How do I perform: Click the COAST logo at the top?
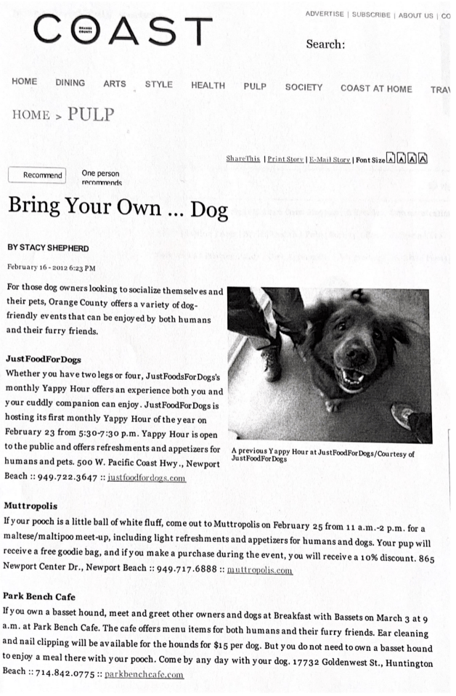[122, 31]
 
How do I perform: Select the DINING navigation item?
[70, 83]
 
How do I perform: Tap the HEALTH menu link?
[208, 86]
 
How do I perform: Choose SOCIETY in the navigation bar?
[304, 87]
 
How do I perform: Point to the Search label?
[325, 45]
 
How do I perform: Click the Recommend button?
[37, 175]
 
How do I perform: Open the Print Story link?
[285, 159]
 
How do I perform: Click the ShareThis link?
[243, 158]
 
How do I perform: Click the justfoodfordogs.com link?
[146, 478]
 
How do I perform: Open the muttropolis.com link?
[259, 570]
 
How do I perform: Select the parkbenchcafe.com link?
[144, 674]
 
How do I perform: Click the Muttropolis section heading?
[30, 505]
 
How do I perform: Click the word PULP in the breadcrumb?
[91, 115]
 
